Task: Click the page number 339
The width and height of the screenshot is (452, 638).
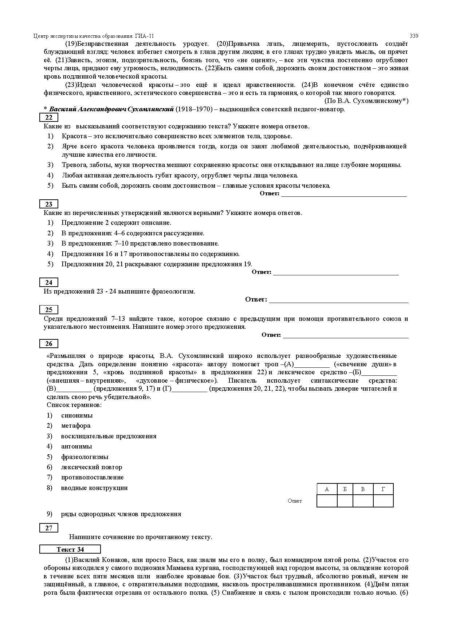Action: [414, 36]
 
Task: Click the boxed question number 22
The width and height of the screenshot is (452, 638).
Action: [48, 117]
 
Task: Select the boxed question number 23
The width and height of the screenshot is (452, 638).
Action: [48, 204]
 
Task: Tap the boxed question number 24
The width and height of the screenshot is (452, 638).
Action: [48, 283]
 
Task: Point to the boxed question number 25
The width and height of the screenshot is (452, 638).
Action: [48, 310]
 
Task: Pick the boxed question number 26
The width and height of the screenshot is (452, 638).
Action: [48, 344]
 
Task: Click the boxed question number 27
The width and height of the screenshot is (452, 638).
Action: [48, 528]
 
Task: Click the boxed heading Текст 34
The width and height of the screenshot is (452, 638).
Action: [70, 550]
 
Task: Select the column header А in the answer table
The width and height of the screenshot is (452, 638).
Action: [327, 489]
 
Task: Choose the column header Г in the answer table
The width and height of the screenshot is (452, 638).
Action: [383, 489]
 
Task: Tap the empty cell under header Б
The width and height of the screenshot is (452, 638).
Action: [345, 501]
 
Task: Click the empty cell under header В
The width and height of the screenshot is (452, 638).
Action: [363, 501]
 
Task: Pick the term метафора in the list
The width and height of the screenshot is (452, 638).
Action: [76, 426]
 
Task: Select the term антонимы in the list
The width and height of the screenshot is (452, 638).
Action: [76, 446]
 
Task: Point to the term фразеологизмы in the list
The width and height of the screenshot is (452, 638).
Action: [84, 457]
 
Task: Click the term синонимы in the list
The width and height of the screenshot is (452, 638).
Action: [77, 415]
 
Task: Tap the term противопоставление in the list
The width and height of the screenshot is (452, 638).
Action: [92, 477]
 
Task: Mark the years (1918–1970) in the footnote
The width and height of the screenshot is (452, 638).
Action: [194, 109]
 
